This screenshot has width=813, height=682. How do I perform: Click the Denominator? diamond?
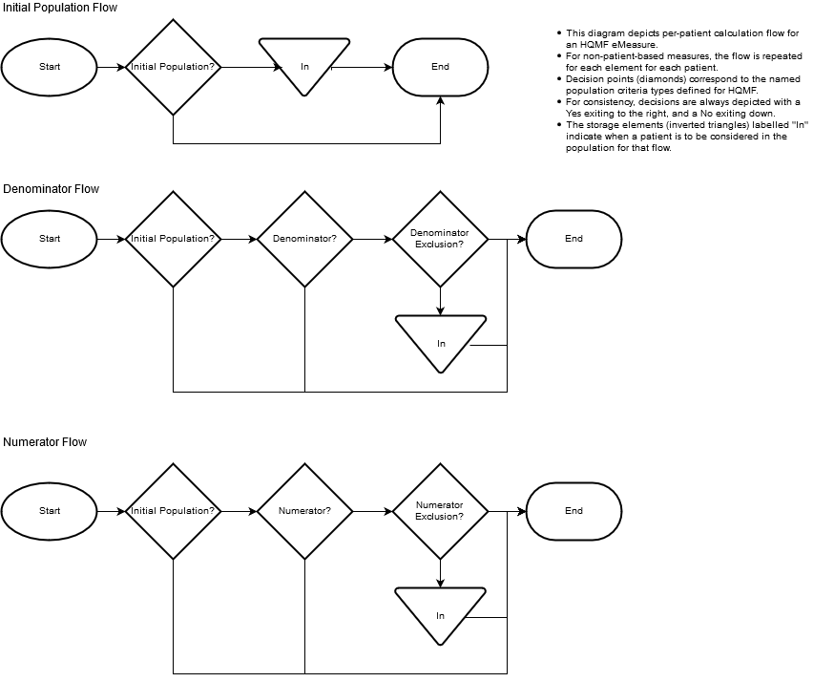pyautogui.click(x=304, y=239)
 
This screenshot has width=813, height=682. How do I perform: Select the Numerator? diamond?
pyautogui.click(x=304, y=511)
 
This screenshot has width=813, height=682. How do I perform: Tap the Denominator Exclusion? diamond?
pyautogui.click(x=440, y=239)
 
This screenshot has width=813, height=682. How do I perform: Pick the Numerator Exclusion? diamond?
pyautogui.click(x=440, y=511)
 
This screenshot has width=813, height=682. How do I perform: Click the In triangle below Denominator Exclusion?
pyautogui.click(x=441, y=340)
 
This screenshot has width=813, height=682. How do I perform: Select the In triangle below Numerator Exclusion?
pyautogui.click(x=440, y=612)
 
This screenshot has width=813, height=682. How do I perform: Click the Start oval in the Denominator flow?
pyautogui.click(x=50, y=239)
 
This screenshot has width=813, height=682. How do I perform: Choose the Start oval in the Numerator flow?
pyautogui.click(x=50, y=511)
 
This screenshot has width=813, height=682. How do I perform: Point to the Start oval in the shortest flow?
pyautogui.click(x=50, y=67)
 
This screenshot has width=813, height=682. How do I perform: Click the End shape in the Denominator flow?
pyautogui.click(x=573, y=239)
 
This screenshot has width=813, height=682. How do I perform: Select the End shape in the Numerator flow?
pyautogui.click(x=573, y=511)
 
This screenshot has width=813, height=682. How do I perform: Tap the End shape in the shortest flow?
pyautogui.click(x=440, y=67)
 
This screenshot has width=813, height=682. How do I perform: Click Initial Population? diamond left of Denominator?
pyautogui.click(x=173, y=239)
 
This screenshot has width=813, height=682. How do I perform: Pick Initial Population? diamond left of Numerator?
pyautogui.click(x=173, y=511)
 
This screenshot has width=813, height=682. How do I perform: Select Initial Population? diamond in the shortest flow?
pyautogui.click(x=173, y=67)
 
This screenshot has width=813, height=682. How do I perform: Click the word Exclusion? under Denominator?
pyautogui.click(x=439, y=245)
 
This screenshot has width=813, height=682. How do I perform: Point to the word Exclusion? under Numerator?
pyautogui.click(x=439, y=517)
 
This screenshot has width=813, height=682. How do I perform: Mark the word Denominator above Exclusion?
pyautogui.click(x=439, y=233)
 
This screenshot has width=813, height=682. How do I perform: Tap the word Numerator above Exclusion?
pyautogui.click(x=439, y=505)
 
